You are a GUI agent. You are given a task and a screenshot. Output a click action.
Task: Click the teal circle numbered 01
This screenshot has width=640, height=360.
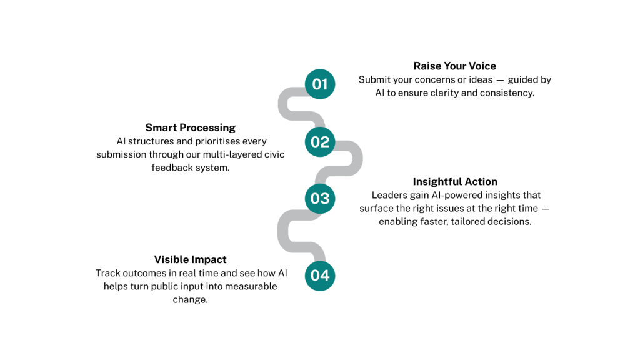(320, 84)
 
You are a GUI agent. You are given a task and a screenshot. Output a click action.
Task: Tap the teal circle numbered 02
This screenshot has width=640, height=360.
(320, 142)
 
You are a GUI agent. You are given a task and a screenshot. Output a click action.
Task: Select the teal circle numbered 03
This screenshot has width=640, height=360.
(320, 199)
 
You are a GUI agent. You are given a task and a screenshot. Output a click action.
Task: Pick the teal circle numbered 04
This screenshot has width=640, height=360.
(320, 276)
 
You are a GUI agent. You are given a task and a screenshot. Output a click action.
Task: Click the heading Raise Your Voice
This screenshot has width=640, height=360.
(455, 66)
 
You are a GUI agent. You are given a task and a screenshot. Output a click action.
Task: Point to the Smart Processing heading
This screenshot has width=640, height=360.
(190, 127)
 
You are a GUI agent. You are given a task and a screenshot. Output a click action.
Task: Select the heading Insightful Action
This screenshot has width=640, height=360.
(455, 182)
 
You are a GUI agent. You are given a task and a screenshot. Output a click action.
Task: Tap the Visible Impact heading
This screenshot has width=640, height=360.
(190, 259)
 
